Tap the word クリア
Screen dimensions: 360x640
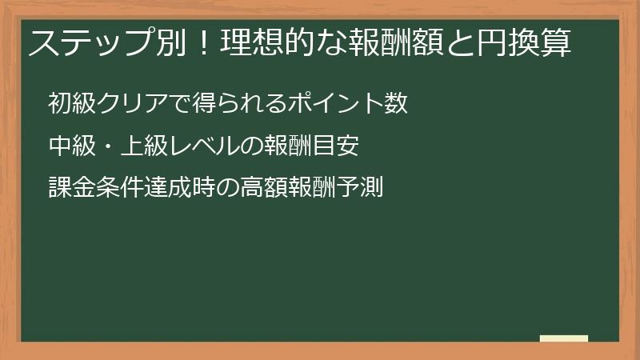[132, 104]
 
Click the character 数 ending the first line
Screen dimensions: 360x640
[397, 104]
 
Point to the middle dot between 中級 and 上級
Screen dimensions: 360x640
[106, 146]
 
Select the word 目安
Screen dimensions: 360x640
[345, 146]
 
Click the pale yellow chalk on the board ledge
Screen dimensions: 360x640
[564, 338]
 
